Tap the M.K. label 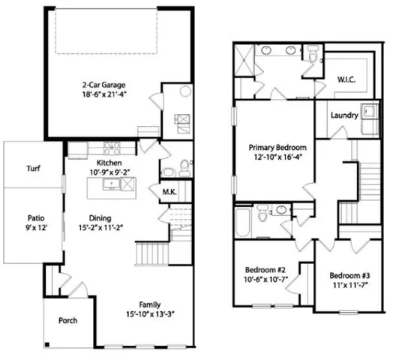coord(169,192)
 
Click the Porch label coord(69,320)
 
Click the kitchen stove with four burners coord(106,148)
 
